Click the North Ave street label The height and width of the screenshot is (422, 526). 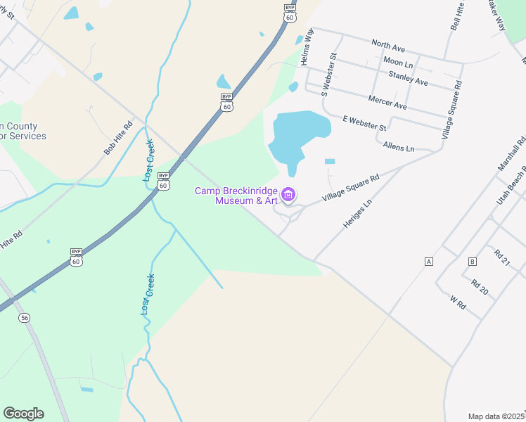coord(389,45)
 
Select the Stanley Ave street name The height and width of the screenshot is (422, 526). coord(408,77)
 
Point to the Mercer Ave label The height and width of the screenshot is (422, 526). coord(387,101)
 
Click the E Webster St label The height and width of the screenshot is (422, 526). coord(365,123)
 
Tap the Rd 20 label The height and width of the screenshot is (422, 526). coord(480,287)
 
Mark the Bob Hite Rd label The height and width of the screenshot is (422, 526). coord(118,139)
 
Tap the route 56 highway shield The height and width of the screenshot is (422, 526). coord(25,318)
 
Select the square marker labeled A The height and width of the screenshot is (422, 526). coord(428,262)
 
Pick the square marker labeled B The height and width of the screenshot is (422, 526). coord(472,262)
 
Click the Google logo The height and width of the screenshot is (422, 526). coord(24,414)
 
